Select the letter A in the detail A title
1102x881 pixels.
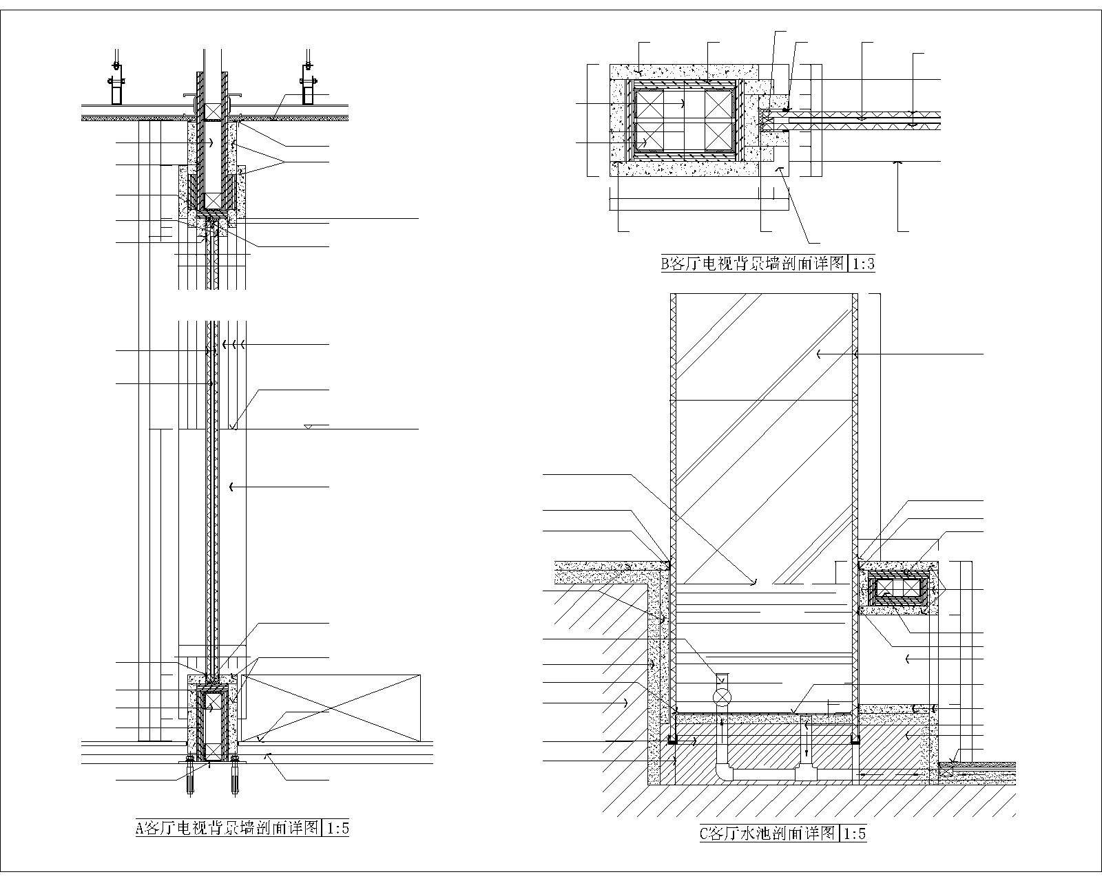[x=140, y=828]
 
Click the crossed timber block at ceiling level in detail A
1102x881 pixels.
[x=213, y=113]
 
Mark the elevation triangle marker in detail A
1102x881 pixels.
[x=311, y=426]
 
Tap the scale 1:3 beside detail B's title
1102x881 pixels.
[x=862, y=264]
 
